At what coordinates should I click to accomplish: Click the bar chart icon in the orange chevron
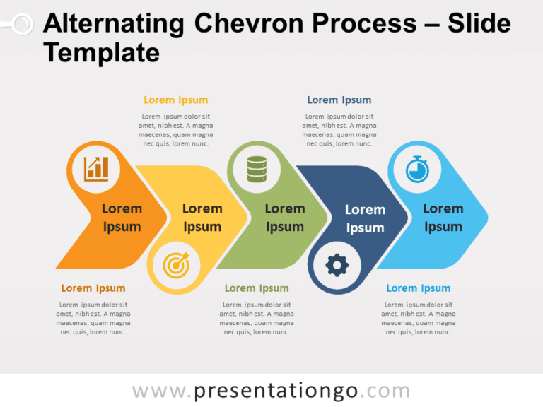[x=96, y=169]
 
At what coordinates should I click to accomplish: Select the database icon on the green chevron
[x=256, y=169]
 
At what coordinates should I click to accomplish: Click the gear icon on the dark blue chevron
[x=337, y=265]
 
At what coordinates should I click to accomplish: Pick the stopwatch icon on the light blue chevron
[x=416, y=169]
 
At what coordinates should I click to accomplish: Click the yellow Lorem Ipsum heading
[x=175, y=100]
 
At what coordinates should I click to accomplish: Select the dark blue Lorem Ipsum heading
[x=339, y=100]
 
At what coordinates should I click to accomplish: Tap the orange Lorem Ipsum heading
[x=93, y=288]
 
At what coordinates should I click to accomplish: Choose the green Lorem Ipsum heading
[x=257, y=288]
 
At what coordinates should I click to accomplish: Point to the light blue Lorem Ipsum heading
[x=418, y=288]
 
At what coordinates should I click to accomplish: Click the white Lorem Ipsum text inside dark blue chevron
[x=365, y=218]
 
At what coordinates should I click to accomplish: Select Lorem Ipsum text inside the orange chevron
[x=122, y=218]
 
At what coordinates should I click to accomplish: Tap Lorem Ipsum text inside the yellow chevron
[x=202, y=218]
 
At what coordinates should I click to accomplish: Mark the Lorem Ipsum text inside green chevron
[x=284, y=218]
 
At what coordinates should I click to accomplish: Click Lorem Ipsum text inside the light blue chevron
[x=443, y=218]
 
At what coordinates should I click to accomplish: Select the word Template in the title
[x=101, y=52]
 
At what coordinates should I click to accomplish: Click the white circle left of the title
[x=22, y=25]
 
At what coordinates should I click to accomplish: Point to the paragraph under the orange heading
[x=93, y=318]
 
